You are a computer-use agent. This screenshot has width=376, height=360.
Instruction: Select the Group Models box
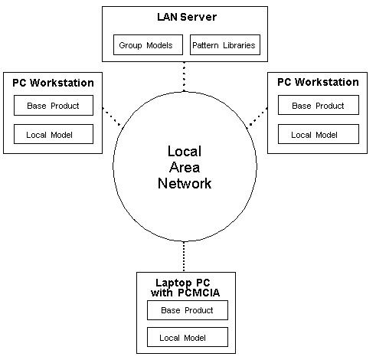[145, 45]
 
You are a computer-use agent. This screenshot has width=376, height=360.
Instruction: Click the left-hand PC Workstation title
[53, 82]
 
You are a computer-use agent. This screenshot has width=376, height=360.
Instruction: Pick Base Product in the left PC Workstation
[53, 106]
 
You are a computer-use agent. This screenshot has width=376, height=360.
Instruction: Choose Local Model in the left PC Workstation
[53, 134]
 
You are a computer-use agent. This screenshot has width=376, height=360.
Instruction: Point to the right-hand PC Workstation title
[317, 82]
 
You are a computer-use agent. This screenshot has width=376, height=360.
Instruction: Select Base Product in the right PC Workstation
[317, 106]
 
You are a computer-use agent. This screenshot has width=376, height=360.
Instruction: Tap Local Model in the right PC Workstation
[317, 134]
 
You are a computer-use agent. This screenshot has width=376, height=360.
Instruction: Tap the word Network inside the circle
[185, 184]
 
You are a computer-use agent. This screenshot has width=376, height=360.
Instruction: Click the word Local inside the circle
[185, 152]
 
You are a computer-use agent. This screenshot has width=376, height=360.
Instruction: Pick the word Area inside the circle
[185, 168]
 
